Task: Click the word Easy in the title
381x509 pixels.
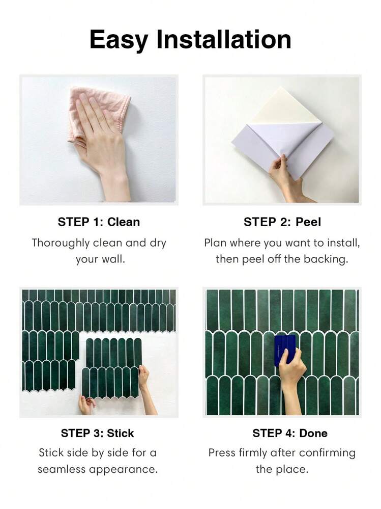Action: tap(119, 40)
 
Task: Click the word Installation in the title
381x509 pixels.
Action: tap(224, 39)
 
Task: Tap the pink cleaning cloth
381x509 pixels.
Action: tap(98, 114)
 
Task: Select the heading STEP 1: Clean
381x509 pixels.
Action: tap(99, 222)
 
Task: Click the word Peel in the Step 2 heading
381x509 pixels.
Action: tap(308, 222)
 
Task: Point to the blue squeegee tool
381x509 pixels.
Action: tap(284, 350)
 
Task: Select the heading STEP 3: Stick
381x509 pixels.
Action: tap(98, 433)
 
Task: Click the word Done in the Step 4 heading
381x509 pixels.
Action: tap(313, 433)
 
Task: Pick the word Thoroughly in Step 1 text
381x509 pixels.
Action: tap(61, 243)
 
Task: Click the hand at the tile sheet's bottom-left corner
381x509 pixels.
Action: tap(86, 405)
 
